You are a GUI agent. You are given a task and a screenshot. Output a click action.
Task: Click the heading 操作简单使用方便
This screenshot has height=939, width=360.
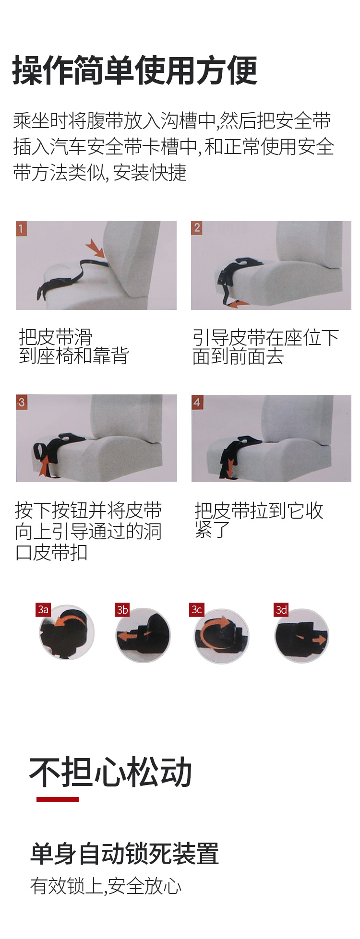point(135,71)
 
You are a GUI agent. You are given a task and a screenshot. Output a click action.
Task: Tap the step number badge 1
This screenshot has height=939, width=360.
point(21,228)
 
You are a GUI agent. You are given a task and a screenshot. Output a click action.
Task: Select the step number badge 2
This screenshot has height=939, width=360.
point(196,228)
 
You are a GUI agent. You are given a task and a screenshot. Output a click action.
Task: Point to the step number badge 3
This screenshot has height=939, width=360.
point(21,402)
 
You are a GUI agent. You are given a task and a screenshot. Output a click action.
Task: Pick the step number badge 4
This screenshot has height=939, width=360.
point(197,402)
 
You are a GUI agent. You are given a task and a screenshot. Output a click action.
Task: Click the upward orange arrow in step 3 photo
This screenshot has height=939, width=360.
point(44,465)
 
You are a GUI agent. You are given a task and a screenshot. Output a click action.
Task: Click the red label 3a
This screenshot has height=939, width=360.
point(43,609)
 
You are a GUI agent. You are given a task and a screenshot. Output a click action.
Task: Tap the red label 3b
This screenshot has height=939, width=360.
point(122,609)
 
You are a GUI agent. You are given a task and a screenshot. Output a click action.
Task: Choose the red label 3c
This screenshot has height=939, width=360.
point(197,609)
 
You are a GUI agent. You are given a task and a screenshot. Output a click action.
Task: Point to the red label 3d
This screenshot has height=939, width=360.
point(281,609)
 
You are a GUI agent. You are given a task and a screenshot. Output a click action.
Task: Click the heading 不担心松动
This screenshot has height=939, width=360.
point(111,772)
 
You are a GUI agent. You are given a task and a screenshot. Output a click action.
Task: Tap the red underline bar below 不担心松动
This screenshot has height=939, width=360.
point(58,799)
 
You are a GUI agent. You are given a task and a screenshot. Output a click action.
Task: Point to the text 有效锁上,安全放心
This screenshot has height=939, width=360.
point(106,886)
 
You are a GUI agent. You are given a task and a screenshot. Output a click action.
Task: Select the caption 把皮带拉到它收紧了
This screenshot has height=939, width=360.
point(259,520)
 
